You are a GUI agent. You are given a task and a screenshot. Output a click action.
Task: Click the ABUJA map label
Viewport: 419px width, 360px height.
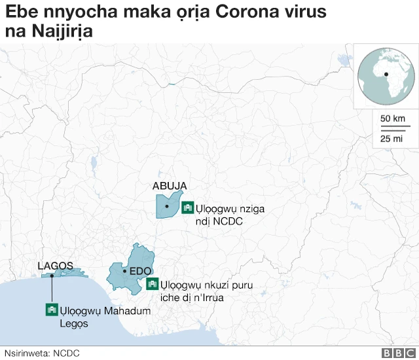(170, 186)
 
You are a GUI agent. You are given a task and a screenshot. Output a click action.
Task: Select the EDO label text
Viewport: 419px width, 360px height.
(141, 270)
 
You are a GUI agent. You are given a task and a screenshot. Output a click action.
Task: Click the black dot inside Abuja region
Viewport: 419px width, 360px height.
(167, 207)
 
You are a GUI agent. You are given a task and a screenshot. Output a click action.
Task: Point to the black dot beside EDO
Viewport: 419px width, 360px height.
(124, 270)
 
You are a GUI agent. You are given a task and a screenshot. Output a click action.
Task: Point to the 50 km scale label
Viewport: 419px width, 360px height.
(393, 118)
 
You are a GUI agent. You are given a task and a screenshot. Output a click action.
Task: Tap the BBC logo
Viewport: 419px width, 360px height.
(394, 353)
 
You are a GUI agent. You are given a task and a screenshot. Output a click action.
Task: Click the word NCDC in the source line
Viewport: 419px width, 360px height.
(66, 353)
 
